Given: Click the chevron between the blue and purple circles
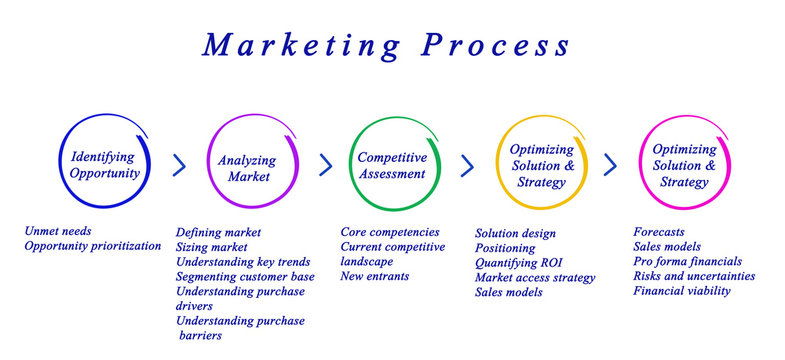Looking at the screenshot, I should (179, 165).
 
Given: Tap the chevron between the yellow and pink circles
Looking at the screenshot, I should (610, 165).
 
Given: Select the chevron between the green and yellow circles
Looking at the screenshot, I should (466, 165).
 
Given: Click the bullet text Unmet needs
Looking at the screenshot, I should (58, 231).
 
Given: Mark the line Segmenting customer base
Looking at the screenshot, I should (245, 276).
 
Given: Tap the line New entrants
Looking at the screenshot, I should (375, 276).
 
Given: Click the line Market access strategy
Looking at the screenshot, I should (535, 277).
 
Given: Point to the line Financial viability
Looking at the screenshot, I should (682, 291).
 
